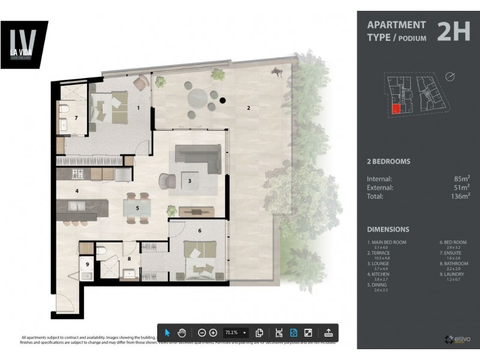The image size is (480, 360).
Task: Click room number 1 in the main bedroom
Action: (138, 109)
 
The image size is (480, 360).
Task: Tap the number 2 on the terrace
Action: (248, 108)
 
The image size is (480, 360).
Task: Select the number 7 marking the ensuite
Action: (76, 118)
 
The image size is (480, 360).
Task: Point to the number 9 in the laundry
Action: (88, 264)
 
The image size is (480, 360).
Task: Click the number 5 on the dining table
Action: (137, 208)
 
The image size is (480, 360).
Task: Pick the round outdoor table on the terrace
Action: (198, 97)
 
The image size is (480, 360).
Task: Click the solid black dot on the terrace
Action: (223, 101)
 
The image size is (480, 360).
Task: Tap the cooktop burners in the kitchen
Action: (78, 175)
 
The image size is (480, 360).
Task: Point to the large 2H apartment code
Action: (453, 32)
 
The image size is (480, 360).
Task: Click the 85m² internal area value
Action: (462, 178)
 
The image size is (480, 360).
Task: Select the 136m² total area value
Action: (460, 195)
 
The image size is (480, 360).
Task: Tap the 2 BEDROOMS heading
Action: (388, 161)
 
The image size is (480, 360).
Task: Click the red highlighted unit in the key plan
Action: (396, 109)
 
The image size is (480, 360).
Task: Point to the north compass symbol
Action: (451, 76)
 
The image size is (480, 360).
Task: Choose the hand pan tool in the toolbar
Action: (182, 332)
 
